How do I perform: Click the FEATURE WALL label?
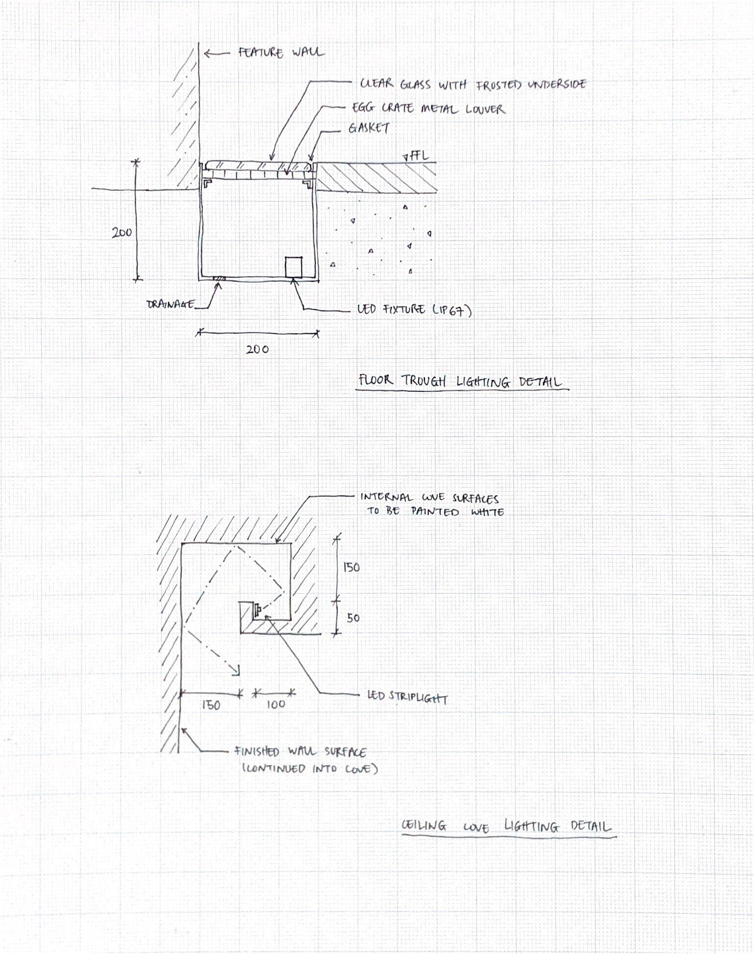(281, 52)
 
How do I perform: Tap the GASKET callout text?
(369, 128)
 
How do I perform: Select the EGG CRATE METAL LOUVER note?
(428, 108)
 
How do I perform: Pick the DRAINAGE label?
(170, 304)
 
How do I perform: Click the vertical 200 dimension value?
(122, 233)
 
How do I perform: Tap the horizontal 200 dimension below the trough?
(257, 349)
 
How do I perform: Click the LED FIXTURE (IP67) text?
(414, 310)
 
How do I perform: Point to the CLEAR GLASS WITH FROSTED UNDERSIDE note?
(473, 84)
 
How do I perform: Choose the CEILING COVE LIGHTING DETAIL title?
(506, 826)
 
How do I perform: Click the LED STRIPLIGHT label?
(407, 697)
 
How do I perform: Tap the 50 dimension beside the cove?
(353, 618)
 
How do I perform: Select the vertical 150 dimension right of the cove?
(351, 567)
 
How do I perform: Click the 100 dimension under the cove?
(276, 704)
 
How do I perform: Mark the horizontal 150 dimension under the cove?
(211, 705)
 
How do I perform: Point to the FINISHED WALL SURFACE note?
(300, 752)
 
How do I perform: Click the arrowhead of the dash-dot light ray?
(237, 672)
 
